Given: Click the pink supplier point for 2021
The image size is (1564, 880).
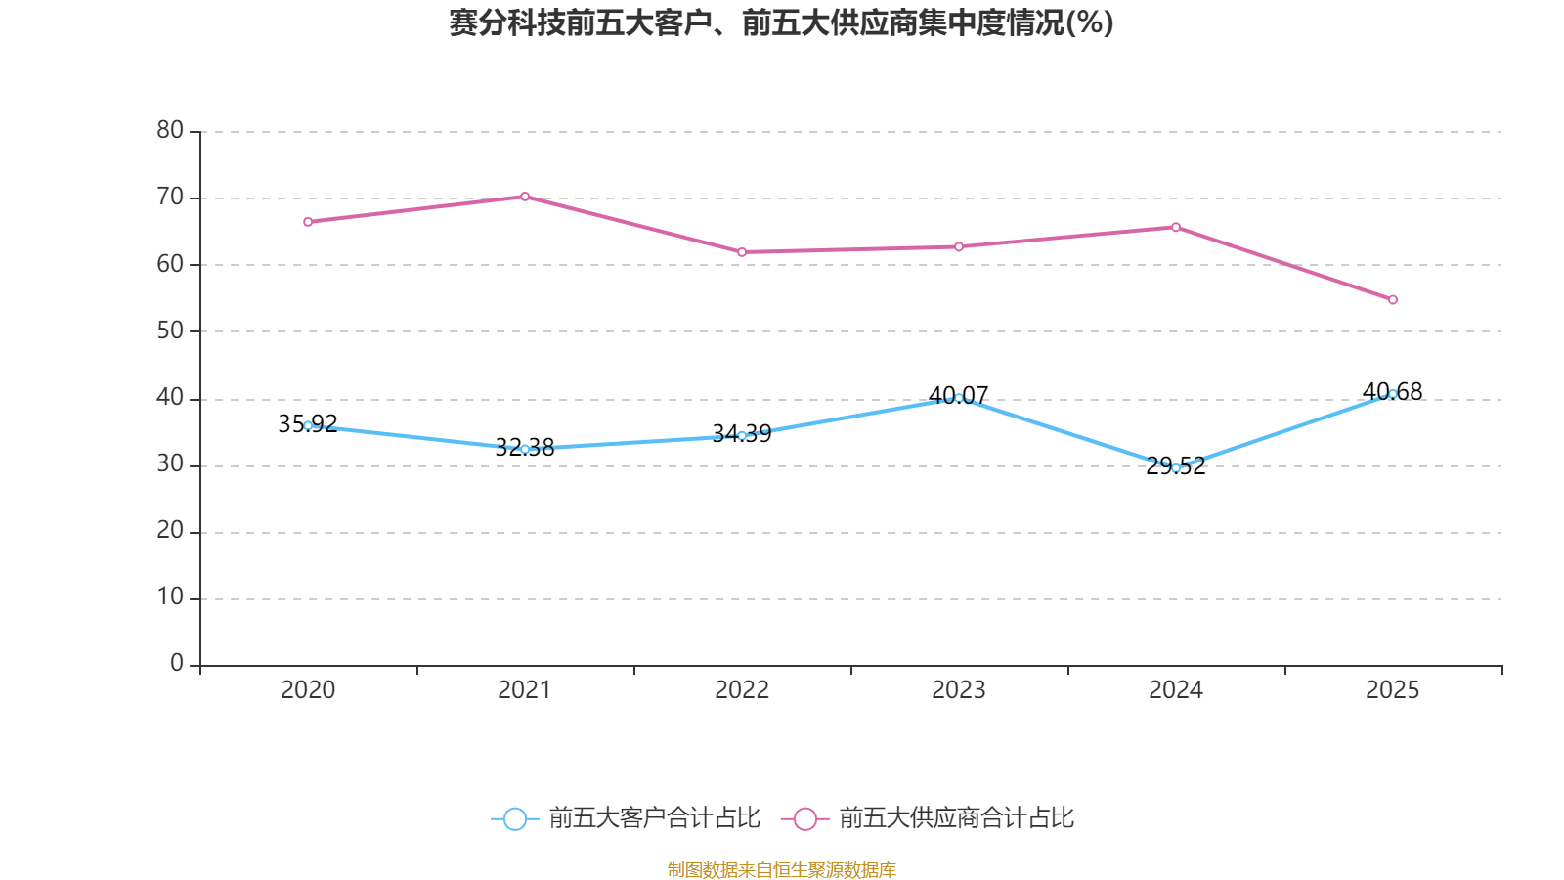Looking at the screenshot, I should (525, 197).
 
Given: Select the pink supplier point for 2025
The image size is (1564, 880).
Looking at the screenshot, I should (1393, 299).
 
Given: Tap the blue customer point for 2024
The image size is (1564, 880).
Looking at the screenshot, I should (1176, 468).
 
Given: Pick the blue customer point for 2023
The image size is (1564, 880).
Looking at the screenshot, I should (959, 398).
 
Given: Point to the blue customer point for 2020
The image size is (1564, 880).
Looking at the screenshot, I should (308, 425).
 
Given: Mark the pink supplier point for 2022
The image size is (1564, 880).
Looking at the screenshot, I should (742, 252).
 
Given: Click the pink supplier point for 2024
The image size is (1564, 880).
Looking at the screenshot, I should (1176, 227).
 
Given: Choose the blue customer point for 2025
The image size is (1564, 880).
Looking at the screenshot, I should (1393, 394).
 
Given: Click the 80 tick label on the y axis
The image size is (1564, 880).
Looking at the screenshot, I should (170, 130).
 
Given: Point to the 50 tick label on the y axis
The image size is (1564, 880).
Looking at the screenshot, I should (170, 330).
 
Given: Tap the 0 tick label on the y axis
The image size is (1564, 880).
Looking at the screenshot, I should (177, 664).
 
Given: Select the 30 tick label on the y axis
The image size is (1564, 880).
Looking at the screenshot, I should (170, 464).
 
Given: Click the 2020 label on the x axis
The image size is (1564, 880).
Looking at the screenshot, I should (308, 690).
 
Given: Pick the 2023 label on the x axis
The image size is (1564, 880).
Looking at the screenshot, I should (959, 690).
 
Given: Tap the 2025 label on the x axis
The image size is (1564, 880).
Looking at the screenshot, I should (1393, 690).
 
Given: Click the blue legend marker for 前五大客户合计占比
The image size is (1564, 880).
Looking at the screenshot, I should (514, 818).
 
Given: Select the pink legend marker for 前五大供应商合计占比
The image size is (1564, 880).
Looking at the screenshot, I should (805, 818).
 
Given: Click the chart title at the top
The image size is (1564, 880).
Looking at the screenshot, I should (782, 22).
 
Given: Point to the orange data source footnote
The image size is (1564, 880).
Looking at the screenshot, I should (782, 869).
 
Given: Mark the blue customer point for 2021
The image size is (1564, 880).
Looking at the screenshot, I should (525, 449).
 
